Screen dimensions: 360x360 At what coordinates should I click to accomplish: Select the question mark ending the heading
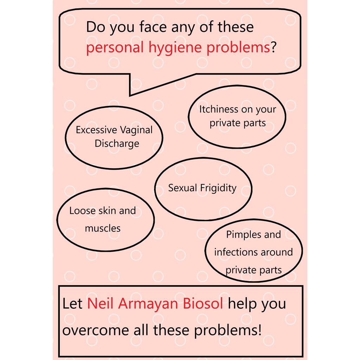273,47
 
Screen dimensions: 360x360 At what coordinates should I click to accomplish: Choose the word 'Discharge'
117,143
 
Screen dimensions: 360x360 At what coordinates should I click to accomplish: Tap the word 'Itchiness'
219,109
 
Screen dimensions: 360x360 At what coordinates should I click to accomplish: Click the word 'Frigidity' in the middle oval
218,188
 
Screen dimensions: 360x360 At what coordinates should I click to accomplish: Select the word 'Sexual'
182,188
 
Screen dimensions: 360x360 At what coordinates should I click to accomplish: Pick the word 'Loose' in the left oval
82,211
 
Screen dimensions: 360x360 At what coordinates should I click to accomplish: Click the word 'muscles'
103,229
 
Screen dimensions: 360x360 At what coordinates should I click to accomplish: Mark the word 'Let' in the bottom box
72,303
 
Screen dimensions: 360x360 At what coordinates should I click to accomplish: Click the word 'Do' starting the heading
96,27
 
